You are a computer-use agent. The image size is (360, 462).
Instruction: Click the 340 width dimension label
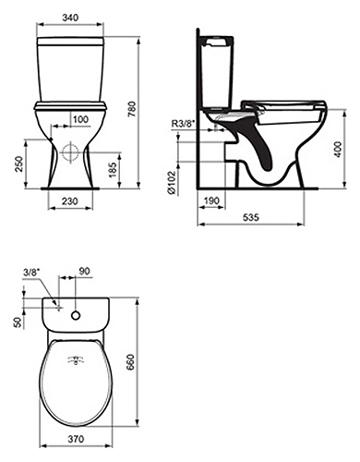coord(70,18)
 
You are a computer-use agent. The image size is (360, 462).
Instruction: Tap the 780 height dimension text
coord(132,109)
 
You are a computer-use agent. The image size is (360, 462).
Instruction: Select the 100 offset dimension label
coord(80,119)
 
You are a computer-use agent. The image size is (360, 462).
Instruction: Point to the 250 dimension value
coord(19,164)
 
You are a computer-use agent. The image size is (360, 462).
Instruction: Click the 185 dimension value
coord(114,170)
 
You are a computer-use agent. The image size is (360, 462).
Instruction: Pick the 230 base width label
coord(70,201)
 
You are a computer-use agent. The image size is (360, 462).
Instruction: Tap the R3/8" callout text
coord(184,124)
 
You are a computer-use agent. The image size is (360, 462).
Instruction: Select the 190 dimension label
coord(211,201)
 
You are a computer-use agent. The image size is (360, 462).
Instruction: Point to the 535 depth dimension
coord(251,217)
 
